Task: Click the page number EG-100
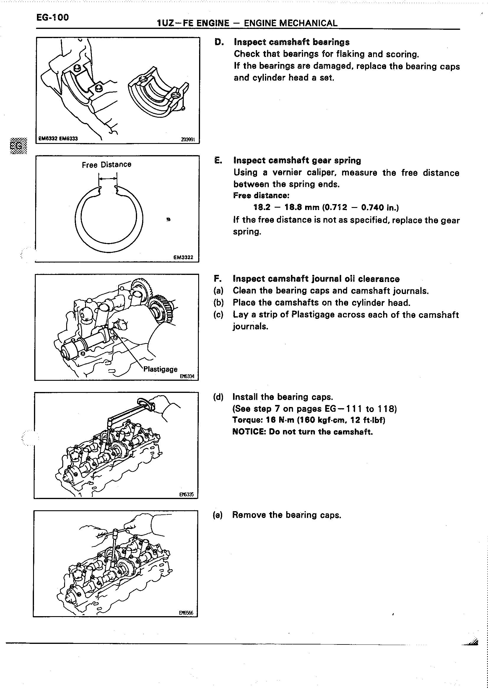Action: (53, 17)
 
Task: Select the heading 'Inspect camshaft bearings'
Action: (292, 42)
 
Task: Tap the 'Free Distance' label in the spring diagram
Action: (106, 165)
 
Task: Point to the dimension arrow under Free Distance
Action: (108, 179)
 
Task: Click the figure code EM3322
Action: (183, 257)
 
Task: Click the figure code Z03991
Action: (188, 139)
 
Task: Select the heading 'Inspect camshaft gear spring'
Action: (297, 160)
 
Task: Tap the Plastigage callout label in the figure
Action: (160, 369)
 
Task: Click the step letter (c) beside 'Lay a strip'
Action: (219, 314)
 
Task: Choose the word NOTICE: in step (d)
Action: (249, 432)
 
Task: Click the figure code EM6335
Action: (187, 495)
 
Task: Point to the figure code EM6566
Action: (186, 613)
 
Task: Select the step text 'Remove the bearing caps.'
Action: (287, 515)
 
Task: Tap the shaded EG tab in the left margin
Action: (18, 146)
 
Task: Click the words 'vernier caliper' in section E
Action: (300, 173)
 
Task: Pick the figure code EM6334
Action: (187, 376)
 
